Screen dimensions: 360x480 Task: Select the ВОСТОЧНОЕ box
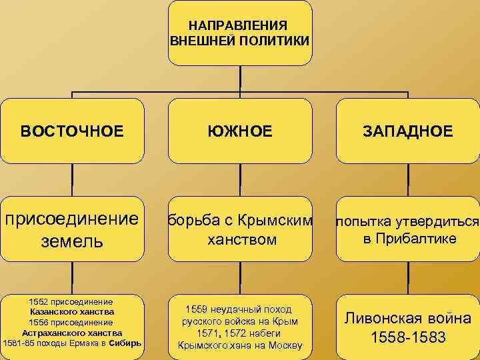[72, 131]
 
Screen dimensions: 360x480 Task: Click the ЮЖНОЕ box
[240, 131]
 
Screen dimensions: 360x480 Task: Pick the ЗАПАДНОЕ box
[408, 131]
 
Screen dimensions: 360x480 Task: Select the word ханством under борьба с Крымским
[240, 239]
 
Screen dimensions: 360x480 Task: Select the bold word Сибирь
[125, 343]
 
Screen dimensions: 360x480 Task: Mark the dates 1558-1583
[407, 337]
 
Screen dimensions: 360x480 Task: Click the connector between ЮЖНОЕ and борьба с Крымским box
[240, 180]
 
